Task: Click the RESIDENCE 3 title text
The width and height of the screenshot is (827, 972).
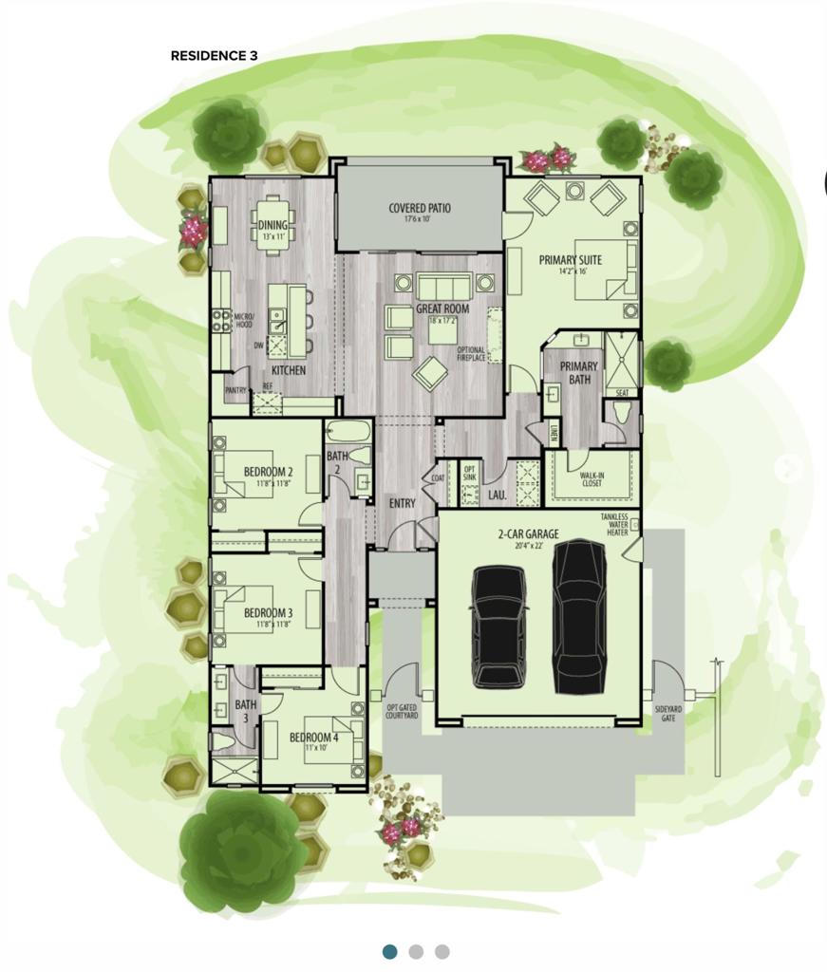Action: pos(214,56)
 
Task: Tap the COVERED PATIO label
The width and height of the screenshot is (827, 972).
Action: pos(420,209)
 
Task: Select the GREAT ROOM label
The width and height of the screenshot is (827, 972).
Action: pos(442,308)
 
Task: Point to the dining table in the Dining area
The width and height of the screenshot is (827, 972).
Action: pos(273,225)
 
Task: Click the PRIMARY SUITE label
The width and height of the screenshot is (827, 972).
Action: pos(570,259)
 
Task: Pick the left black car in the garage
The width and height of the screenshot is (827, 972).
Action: pos(499,625)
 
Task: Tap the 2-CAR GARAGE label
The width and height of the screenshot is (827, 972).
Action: pos(529,534)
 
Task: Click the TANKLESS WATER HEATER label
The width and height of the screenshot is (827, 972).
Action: pos(615,525)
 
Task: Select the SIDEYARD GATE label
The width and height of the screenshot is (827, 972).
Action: pos(667,713)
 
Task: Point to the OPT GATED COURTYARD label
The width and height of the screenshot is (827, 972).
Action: pos(402,711)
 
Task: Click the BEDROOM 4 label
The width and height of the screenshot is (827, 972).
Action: pos(313,738)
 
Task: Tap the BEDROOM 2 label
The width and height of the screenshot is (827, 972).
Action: pos(268,472)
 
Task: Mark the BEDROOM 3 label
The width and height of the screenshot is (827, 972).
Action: pos(268,614)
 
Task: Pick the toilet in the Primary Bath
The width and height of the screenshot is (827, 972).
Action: pos(622,412)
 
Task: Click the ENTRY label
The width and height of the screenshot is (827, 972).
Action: pos(402,503)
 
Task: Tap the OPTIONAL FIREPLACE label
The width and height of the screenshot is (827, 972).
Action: pos(471,354)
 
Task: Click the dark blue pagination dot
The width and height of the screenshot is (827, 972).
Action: pos(389,951)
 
